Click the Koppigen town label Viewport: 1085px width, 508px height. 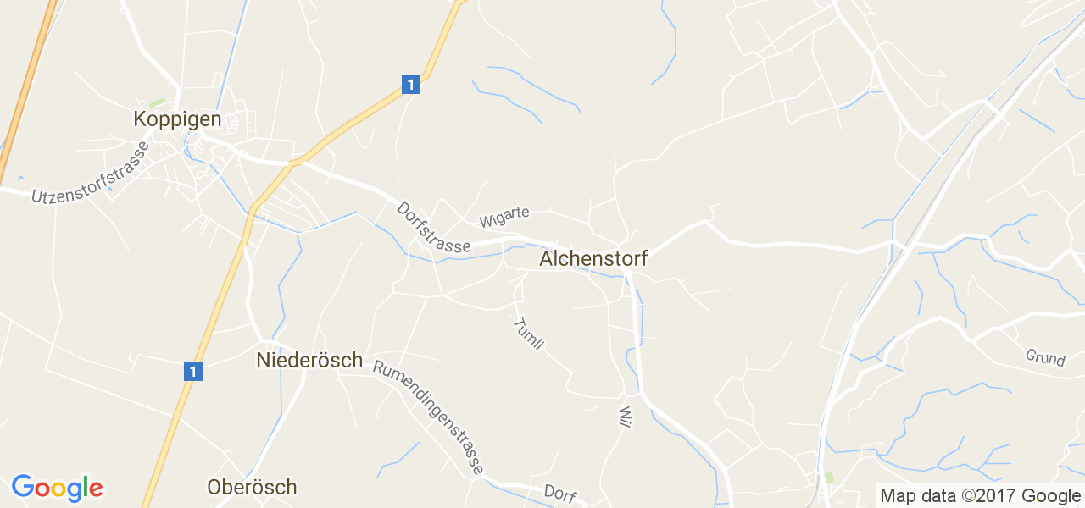click(x=177, y=119)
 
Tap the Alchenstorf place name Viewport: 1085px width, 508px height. click(x=593, y=259)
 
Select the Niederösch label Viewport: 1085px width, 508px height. click(x=309, y=361)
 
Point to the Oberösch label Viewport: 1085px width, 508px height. click(x=252, y=488)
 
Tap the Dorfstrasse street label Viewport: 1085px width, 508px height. click(x=433, y=227)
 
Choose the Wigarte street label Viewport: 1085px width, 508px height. click(x=504, y=217)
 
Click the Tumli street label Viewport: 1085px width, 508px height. click(x=527, y=334)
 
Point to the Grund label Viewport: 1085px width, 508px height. click(x=1045, y=358)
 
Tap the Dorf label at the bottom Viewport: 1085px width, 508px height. click(x=560, y=494)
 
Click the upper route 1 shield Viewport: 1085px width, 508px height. click(x=410, y=85)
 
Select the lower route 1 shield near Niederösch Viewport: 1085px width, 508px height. click(x=193, y=371)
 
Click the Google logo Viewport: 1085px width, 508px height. click(x=57, y=489)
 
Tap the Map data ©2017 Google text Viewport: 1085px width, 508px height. click(x=980, y=496)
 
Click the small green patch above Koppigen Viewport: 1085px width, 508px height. click(x=157, y=103)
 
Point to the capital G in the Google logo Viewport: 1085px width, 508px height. click(x=23, y=487)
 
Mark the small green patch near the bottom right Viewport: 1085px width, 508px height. click(x=828, y=478)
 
